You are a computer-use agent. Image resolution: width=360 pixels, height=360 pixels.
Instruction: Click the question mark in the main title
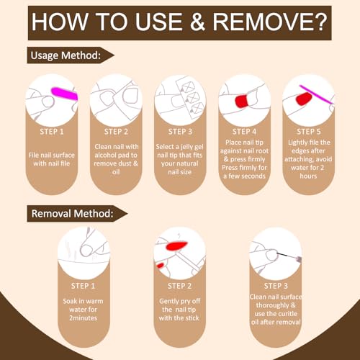point(318,22)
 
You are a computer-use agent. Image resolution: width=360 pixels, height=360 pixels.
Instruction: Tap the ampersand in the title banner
point(197,22)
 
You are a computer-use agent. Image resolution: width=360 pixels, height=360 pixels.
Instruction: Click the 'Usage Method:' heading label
point(66,55)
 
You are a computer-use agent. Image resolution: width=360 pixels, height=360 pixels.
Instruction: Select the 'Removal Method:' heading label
point(72,213)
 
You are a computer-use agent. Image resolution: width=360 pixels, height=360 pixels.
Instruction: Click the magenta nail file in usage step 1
point(65,94)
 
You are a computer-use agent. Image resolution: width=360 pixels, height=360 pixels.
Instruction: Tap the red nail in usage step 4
point(242,101)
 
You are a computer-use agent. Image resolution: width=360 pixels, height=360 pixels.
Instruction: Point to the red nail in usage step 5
point(304,99)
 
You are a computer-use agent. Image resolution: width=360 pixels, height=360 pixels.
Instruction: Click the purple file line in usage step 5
point(316,94)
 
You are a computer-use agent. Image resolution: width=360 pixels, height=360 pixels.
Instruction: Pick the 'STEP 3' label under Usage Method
point(180,132)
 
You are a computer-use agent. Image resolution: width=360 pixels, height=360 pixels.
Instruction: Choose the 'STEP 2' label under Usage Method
point(116,132)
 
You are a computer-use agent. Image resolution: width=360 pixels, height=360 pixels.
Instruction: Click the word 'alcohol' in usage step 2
point(106,155)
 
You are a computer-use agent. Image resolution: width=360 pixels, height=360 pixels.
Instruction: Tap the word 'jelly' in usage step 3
point(186,147)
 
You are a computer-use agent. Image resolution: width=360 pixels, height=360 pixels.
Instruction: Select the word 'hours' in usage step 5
point(308,176)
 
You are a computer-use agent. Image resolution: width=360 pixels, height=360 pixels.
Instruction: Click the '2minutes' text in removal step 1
point(84,318)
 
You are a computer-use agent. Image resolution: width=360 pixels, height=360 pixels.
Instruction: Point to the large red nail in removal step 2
point(176,246)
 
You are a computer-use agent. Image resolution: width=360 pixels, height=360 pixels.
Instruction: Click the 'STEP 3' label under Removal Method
point(276,286)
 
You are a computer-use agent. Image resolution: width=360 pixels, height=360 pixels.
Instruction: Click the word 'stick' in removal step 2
point(192,318)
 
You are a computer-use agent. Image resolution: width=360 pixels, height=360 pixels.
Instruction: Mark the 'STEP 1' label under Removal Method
point(83,286)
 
